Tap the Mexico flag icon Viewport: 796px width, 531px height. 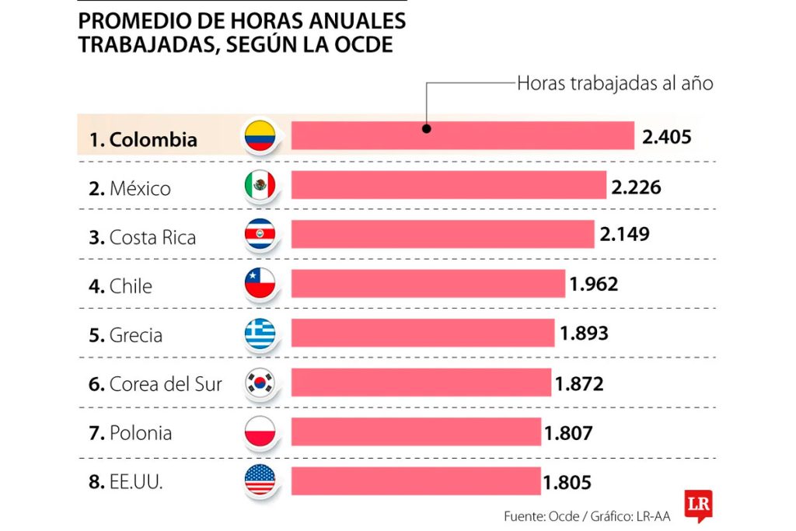(x=260, y=185)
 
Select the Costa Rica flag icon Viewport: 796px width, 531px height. (x=260, y=234)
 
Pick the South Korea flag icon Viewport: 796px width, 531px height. (x=260, y=382)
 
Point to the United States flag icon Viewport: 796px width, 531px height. (x=260, y=480)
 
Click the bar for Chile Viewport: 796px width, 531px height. (x=428, y=284)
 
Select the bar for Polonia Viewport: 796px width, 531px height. (x=416, y=431)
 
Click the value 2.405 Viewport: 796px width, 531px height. (x=667, y=138)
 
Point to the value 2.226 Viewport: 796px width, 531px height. (x=637, y=187)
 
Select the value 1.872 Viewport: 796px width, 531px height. (x=579, y=383)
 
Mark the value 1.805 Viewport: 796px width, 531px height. (x=567, y=482)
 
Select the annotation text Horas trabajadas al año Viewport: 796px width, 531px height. (x=615, y=83)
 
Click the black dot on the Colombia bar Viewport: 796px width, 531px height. (x=426, y=129)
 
